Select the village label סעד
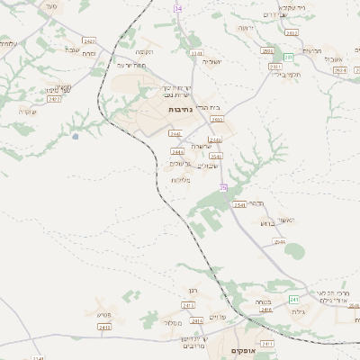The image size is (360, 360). tap(50, 6)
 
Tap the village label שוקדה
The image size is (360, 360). tap(26, 112)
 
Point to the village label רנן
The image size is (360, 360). tap(191, 291)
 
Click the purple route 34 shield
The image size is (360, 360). tap(178, 8)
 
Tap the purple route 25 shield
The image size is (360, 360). tap(223, 187)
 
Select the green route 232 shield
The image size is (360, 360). tap(289, 57)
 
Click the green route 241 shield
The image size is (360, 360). tap(293, 299)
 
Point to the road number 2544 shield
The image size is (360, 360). tap(280, 242)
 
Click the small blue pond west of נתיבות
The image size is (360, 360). tap(75, 136)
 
